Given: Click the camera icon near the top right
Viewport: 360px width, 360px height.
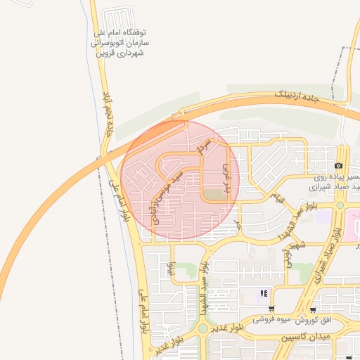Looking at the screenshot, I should click(339, 166).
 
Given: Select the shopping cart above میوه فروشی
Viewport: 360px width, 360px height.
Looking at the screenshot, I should click(271, 309).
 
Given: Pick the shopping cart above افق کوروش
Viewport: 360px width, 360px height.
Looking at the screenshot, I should click(312, 309).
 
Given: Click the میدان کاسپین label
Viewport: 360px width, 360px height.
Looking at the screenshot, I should click(305, 338).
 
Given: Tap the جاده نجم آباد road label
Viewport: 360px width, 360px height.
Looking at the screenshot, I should click(108, 112).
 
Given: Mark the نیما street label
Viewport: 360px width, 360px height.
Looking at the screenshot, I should click(172, 268).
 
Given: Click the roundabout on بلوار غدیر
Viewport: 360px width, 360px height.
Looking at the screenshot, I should click(202, 328).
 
